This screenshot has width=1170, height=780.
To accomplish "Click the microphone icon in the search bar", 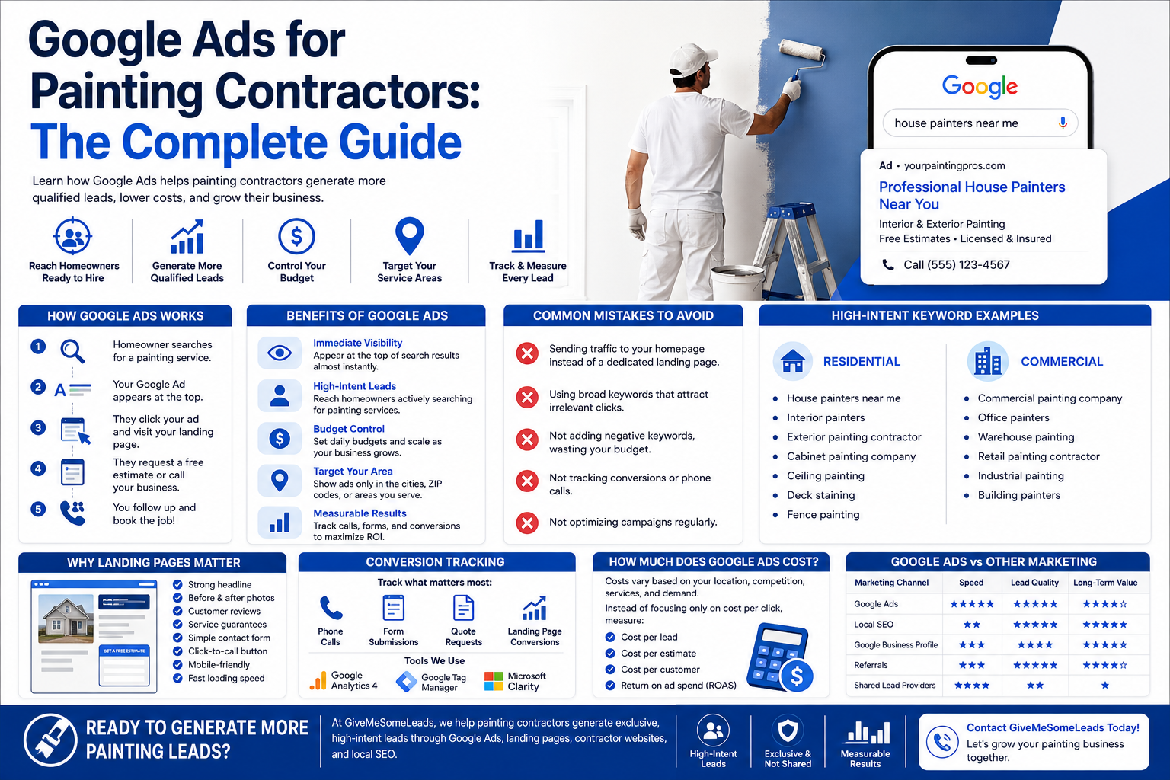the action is pyautogui.click(x=1063, y=123).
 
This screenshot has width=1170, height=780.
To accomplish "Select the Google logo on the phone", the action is pyautogui.click(x=980, y=87).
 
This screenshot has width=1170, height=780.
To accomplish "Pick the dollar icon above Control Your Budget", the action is pyautogui.click(x=296, y=237).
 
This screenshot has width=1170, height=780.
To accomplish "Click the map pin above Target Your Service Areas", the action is pyautogui.click(x=410, y=236).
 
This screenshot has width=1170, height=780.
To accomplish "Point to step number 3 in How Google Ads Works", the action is pyautogui.click(x=37, y=428).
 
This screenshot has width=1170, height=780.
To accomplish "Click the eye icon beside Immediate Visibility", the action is pyautogui.click(x=280, y=353).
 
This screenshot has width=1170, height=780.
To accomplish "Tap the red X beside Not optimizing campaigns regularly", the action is pyautogui.click(x=527, y=523).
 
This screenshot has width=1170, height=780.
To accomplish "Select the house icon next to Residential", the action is pyautogui.click(x=792, y=361).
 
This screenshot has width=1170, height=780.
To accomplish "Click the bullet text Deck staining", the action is pyautogui.click(x=820, y=495).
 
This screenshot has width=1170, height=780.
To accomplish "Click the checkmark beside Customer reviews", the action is pyautogui.click(x=177, y=611).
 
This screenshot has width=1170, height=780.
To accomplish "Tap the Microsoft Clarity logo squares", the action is pyautogui.click(x=493, y=681).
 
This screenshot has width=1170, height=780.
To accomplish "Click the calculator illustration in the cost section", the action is pyautogui.click(x=779, y=657).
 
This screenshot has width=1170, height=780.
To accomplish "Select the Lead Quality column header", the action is pyautogui.click(x=1034, y=583).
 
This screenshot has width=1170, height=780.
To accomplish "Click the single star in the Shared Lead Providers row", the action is pyautogui.click(x=1104, y=686).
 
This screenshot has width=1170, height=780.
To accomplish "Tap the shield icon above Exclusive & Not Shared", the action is pyautogui.click(x=787, y=731).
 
